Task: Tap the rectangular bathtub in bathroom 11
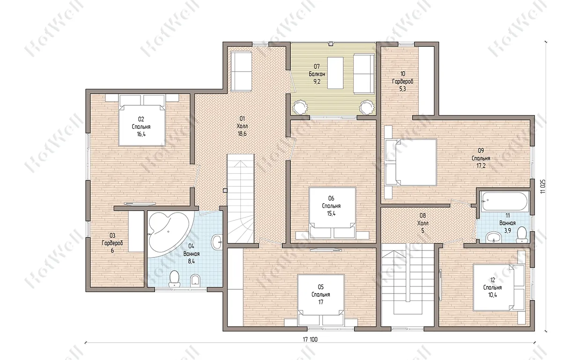point(504,202)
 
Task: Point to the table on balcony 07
point(335,73)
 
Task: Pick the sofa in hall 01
point(241,72)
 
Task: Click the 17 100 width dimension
point(310,339)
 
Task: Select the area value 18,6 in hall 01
point(242,134)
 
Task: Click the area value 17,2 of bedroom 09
point(481,166)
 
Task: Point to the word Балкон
point(317,74)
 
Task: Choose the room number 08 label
point(423,215)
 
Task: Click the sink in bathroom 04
point(217,242)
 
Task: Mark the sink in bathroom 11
point(494,237)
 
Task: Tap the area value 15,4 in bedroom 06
point(331,213)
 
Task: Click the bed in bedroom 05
point(321,300)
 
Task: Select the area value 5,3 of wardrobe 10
point(402,89)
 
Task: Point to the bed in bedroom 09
point(411,162)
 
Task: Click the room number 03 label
point(112,235)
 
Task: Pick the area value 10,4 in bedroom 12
point(492,295)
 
